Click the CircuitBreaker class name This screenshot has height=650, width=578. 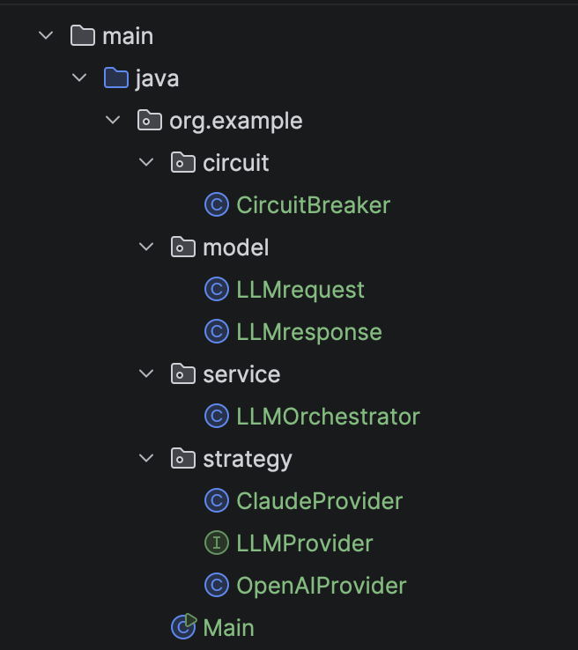[x=313, y=205]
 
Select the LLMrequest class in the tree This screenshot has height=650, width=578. [x=300, y=290]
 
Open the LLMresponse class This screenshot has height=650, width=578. [x=309, y=332]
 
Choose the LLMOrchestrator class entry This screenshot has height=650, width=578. [x=328, y=417]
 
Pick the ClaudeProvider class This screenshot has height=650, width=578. [x=319, y=501]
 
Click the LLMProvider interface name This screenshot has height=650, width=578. [x=304, y=543]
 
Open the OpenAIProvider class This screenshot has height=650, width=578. [x=322, y=586]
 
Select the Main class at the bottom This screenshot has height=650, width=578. [x=228, y=628]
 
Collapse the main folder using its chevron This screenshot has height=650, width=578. [x=46, y=35]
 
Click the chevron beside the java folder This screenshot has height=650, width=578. [x=79, y=78]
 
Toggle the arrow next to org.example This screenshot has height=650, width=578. [x=113, y=120]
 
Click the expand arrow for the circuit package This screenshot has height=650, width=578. [x=146, y=162]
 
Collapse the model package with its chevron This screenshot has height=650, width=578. [x=146, y=247]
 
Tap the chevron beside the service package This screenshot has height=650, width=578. [x=146, y=373]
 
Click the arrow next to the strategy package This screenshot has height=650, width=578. [x=146, y=458]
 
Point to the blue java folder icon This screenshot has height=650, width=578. [x=116, y=78]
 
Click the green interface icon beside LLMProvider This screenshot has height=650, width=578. [x=217, y=543]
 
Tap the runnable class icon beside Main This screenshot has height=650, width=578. [x=183, y=626]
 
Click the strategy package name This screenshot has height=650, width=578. [x=248, y=460]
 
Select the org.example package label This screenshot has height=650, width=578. [x=236, y=122]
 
